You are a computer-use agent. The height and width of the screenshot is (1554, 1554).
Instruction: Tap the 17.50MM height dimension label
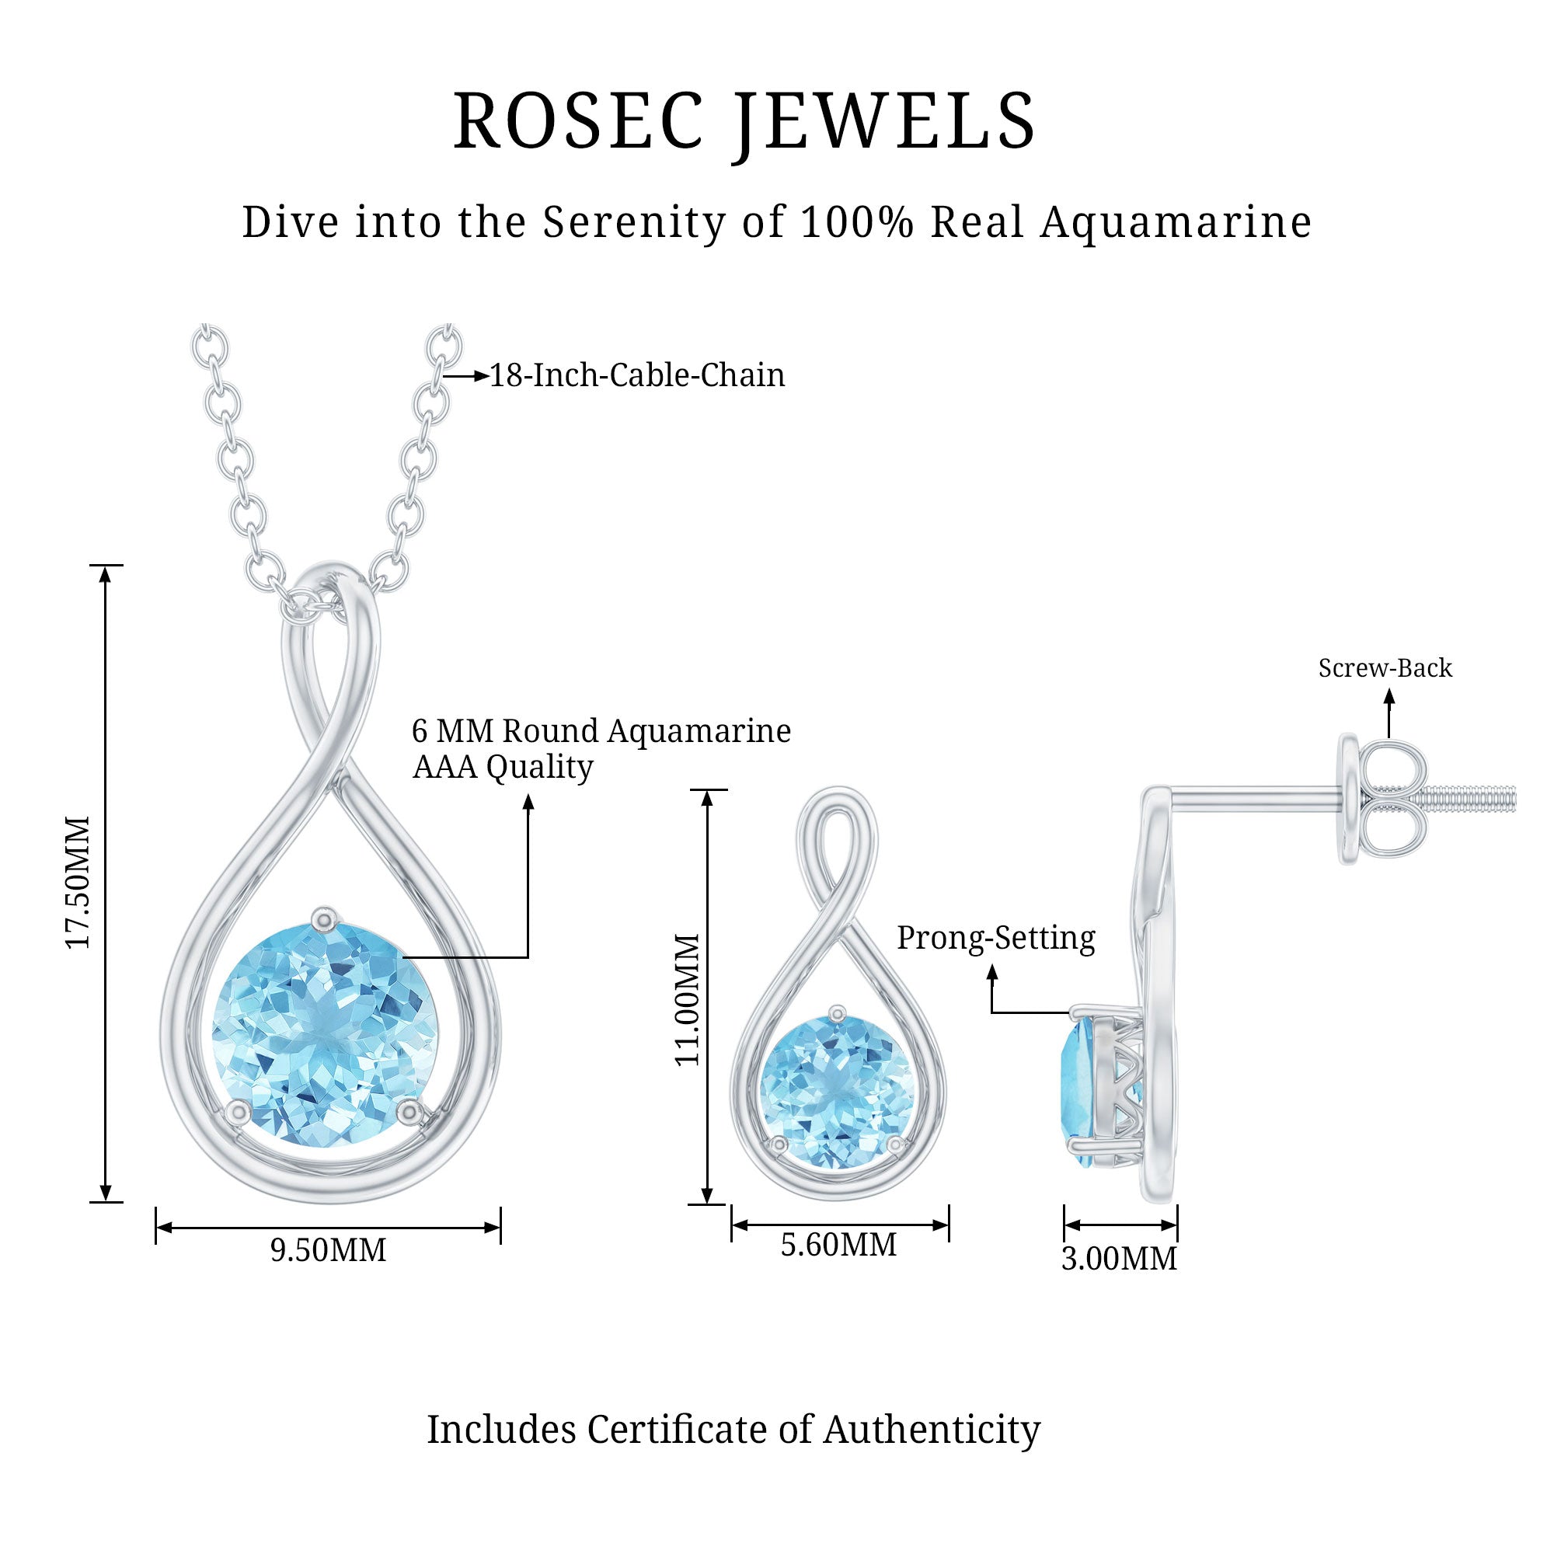click(78, 883)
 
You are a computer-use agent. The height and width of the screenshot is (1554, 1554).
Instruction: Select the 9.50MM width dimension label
click(328, 1250)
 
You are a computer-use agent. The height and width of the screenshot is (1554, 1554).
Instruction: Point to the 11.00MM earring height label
click(687, 1000)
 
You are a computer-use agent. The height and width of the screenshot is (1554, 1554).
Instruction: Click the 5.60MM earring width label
click(838, 1245)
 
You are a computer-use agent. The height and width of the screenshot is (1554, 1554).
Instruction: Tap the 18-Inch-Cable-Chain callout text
click(637, 375)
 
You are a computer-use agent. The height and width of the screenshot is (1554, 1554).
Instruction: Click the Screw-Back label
click(1385, 667)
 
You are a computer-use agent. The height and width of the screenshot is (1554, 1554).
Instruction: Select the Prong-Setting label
click(996, 938)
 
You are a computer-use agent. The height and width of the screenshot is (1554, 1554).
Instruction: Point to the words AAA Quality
click(503, 767)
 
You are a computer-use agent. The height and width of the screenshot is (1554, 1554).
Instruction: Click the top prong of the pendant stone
click(324, 918)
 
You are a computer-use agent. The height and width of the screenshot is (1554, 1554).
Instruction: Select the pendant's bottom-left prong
click(237, 1113)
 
